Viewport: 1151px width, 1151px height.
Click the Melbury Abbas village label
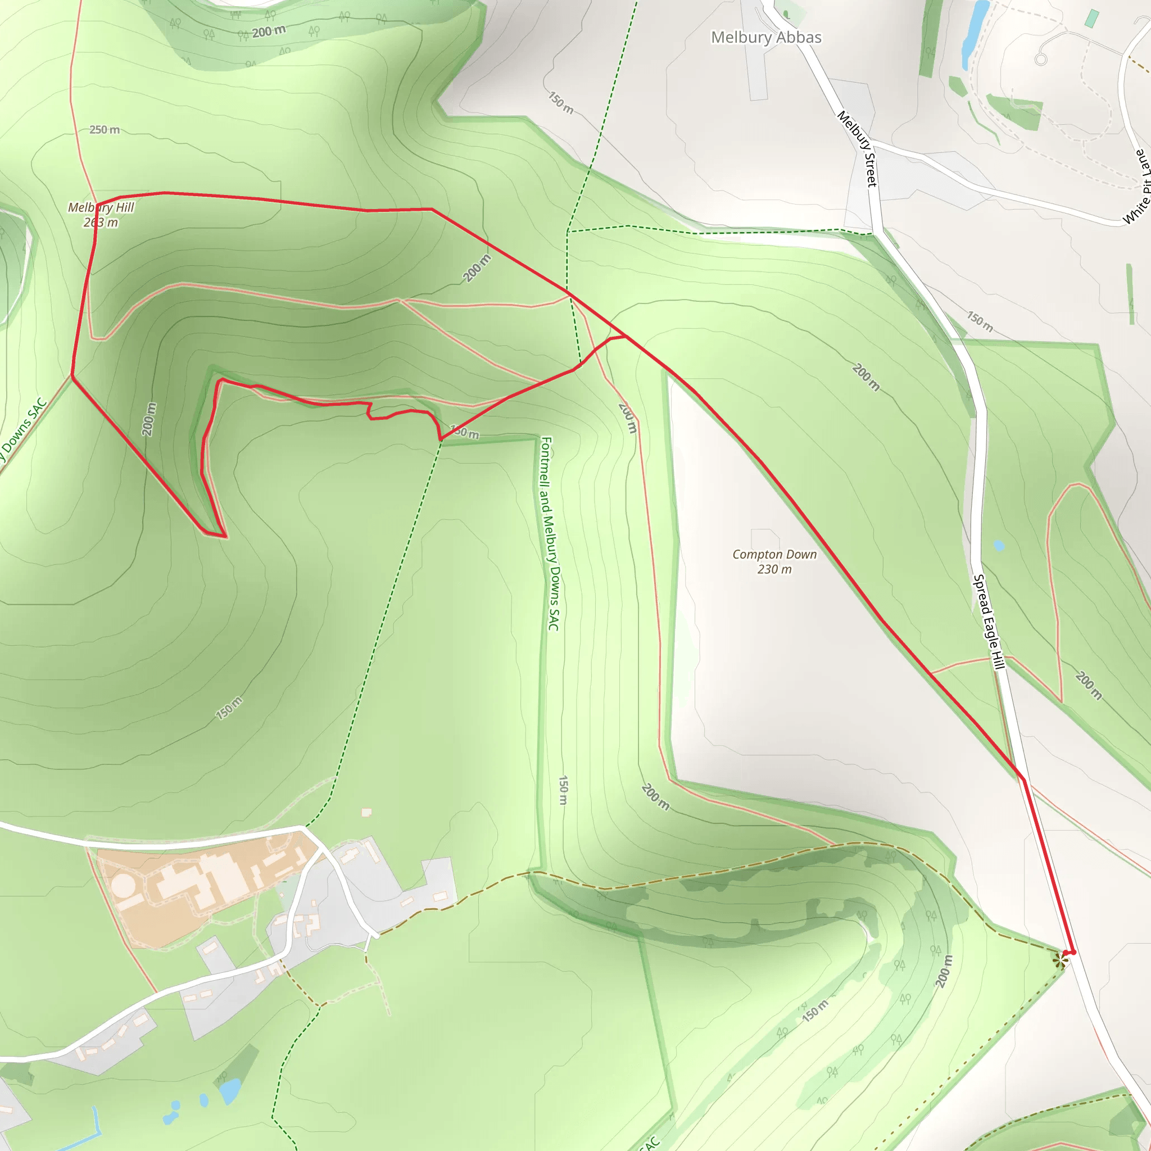766,38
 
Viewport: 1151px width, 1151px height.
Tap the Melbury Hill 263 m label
101,215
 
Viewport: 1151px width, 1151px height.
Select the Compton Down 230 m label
774,561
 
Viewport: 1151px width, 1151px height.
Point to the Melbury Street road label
857,148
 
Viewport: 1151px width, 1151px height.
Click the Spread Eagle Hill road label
989,622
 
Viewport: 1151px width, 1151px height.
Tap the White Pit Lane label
1137,187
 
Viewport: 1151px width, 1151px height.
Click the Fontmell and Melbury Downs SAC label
549,533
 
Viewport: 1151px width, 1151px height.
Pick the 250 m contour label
105,130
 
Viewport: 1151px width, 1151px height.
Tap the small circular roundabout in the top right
1041,59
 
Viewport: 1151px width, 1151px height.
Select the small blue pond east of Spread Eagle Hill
999,545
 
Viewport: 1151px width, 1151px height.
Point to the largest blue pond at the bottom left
229,1090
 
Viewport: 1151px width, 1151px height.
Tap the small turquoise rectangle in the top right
1091,18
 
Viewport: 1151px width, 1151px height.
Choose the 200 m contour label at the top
269,31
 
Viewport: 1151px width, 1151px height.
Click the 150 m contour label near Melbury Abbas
560,102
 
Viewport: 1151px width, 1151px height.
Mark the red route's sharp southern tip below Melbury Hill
225,537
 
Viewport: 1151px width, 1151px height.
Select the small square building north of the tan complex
366,812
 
